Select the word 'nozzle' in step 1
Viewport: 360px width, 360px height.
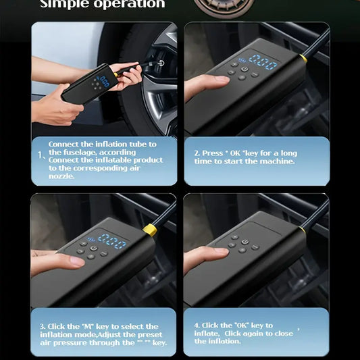[x=61, y=176]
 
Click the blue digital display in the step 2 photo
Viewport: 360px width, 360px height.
[x=263, y=62]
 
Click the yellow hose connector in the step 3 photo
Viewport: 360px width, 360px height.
[x=150, y=230]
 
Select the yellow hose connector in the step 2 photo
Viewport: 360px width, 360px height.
[x=303, y=59]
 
